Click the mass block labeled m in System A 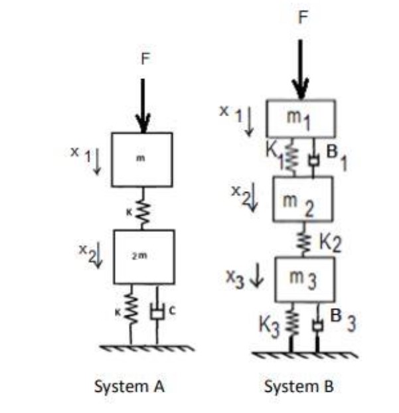coord(141,159)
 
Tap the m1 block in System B coord(301,119)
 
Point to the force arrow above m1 coord(301,70)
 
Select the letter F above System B coord(303,18)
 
